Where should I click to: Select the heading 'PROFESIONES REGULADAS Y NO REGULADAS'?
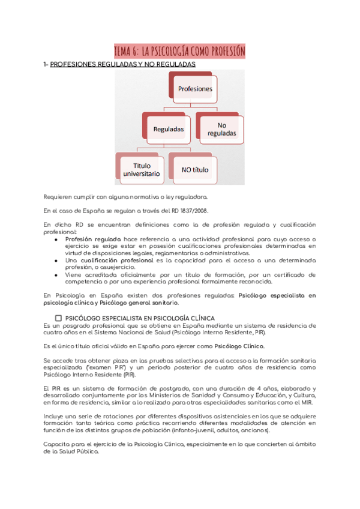point(122,64)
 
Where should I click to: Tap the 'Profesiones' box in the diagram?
point(195,88)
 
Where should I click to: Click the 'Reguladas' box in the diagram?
point(168,128)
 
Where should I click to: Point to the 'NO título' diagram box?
point(195,170)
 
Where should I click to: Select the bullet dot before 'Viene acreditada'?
point(56,275)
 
